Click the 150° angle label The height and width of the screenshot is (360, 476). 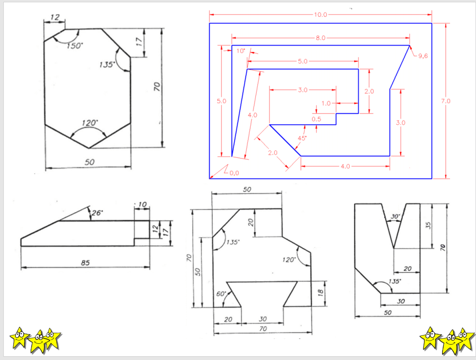(74, 46)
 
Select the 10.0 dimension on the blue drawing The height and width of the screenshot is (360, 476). (321, 14)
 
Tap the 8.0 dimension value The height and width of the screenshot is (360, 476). (321, 38)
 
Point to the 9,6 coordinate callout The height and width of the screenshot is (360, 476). (423, 56)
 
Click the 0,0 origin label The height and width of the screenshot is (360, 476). (234, 173)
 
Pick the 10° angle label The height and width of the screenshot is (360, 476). (241, 51)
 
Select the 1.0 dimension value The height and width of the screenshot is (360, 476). (326, 103)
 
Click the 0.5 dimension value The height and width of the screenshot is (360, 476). (316, 119)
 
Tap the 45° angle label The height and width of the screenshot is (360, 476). (302, 138)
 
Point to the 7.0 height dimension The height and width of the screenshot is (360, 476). (446, 101)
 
